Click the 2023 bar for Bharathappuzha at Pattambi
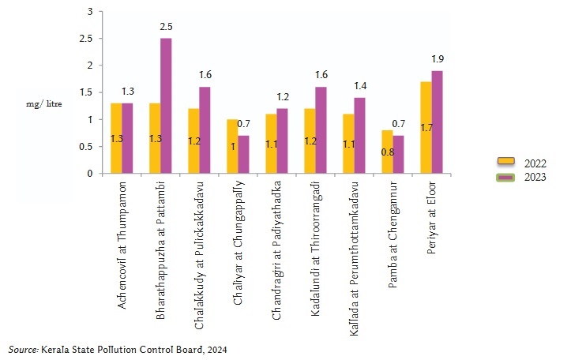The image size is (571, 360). click(x=166, y=106)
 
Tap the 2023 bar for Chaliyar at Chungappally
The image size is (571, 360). click(x=243, y=155)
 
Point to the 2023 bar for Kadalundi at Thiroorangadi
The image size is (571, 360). click(x=321, y=130)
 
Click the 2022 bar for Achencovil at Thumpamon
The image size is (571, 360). click(x=116, y=138)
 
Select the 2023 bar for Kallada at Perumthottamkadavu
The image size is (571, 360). click(x=360, y=136)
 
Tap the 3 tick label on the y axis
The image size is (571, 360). click(x=89, y=12)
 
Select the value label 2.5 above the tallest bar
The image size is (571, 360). click(x=166, y=28)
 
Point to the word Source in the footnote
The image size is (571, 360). click(x=21, y=347)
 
